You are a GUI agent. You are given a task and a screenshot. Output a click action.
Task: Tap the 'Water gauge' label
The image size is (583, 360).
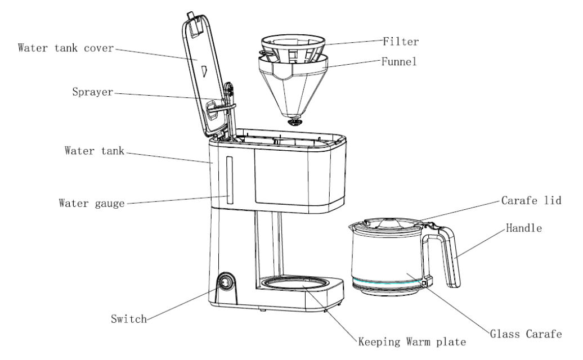91,202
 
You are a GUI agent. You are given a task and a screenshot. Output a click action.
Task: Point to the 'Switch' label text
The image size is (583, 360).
129,319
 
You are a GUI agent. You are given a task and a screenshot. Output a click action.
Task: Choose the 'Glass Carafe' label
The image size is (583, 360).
532,335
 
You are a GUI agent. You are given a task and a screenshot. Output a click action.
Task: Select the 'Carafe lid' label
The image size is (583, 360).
531,200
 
